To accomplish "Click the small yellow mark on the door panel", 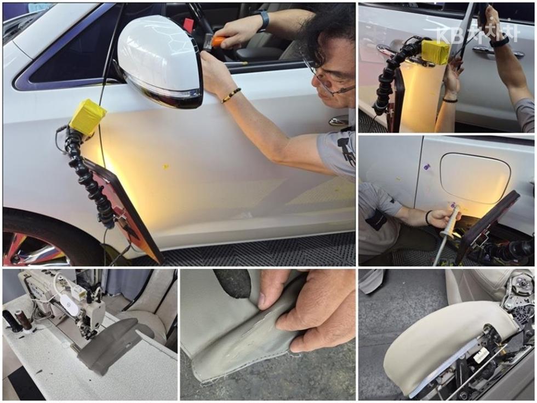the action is (x=165, y=167).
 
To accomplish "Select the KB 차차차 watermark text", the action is (x=478, y=34).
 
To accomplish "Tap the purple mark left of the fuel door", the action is (x=426, y=167).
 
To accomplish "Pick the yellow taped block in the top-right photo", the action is (x=436, y=53).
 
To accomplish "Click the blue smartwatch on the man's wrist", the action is (x=264, y=20).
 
